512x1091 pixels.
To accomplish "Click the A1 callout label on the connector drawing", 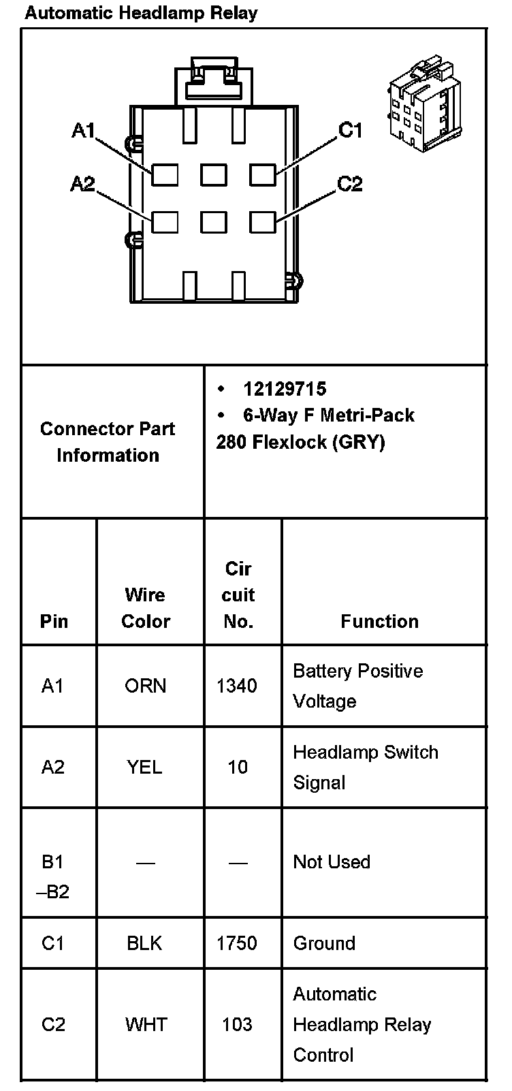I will point(84,130).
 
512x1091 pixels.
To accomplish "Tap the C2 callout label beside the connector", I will point(350,184).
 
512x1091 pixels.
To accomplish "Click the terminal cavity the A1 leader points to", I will point(165,174).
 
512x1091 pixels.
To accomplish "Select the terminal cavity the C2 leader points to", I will point(263,223).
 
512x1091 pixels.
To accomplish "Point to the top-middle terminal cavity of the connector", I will point(214,174).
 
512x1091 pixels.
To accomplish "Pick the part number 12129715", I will point(285,389).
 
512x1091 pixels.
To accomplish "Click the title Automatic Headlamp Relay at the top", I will point(141,13).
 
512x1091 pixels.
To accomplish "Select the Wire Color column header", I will point(146,607).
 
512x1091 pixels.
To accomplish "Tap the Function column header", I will point(379,621).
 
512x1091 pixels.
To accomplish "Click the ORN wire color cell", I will point(146,686).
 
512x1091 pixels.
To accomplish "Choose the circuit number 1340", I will point(237,686).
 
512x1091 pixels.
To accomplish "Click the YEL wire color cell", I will point(145,768).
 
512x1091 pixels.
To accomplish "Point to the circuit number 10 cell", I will point(238,768).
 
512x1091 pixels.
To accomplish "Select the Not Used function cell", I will point(332,861).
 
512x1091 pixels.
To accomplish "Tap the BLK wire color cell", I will point(145,943).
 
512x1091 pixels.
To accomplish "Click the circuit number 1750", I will point(237,943).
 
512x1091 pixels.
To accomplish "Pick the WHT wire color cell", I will point(146,1024).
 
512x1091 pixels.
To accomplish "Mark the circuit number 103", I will point(237,1024).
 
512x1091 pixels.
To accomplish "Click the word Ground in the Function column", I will point(324,943).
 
